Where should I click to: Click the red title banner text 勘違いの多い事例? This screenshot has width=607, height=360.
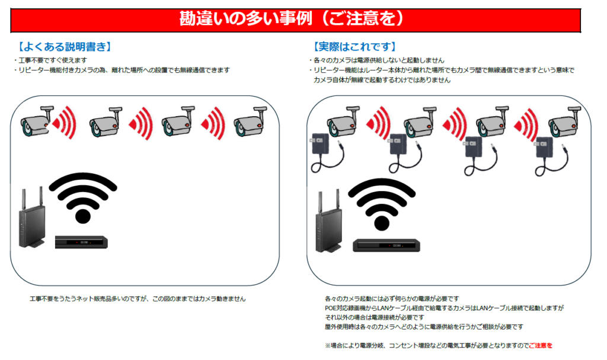[246, 18]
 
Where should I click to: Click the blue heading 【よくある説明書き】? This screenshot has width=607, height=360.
[65, 47]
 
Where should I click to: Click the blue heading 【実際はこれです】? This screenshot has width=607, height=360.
[354, 47]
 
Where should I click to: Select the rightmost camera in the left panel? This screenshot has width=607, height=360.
[250, 122]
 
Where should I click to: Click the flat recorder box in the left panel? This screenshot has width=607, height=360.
[81, 242]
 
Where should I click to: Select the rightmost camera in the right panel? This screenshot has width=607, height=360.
[564, 122]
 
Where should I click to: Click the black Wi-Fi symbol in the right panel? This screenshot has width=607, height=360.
[382, 204]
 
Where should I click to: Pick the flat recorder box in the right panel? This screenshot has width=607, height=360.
[386, 246]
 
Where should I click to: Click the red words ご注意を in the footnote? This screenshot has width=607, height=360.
[541, 346]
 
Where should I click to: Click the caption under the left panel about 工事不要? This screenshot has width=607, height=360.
[138, 299]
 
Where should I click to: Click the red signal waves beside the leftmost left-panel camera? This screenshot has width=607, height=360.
[64, 123]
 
